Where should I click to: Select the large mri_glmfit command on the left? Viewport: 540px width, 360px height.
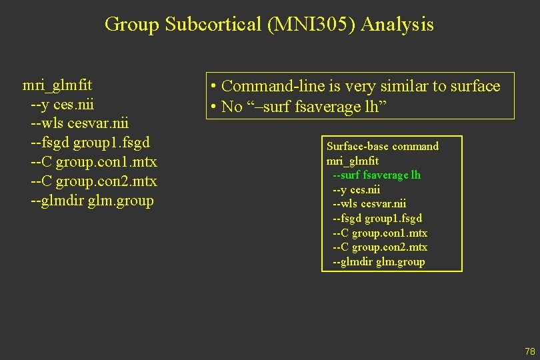tap(57, 85)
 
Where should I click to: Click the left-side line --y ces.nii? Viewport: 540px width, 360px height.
tap(63, 105)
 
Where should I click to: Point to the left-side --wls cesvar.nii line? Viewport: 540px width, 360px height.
tap(79, 124)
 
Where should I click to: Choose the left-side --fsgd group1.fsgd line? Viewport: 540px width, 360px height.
tap(90, 143)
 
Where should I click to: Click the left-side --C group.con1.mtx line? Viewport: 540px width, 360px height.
tap(93, 162)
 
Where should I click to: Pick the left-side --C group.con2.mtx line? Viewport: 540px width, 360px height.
tap(93, 181)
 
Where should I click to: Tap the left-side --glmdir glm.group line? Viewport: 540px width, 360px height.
tap(92, 201)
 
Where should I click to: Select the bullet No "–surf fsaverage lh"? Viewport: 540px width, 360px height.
tap(297, 107)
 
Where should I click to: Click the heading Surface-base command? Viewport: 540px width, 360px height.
tap(382, 146)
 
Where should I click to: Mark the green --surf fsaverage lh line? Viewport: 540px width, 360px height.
tap(376, 175)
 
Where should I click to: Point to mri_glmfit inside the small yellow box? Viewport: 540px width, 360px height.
tap(352, 161)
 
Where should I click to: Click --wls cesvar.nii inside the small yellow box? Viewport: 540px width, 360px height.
tap(369, 204)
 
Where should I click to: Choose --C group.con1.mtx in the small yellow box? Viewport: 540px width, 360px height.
tap(380, 233)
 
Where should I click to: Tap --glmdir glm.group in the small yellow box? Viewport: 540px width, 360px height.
tap(379, 261)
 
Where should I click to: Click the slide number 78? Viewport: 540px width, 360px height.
tap(530, 351)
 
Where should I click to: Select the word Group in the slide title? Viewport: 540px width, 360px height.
tap(132, 25)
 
